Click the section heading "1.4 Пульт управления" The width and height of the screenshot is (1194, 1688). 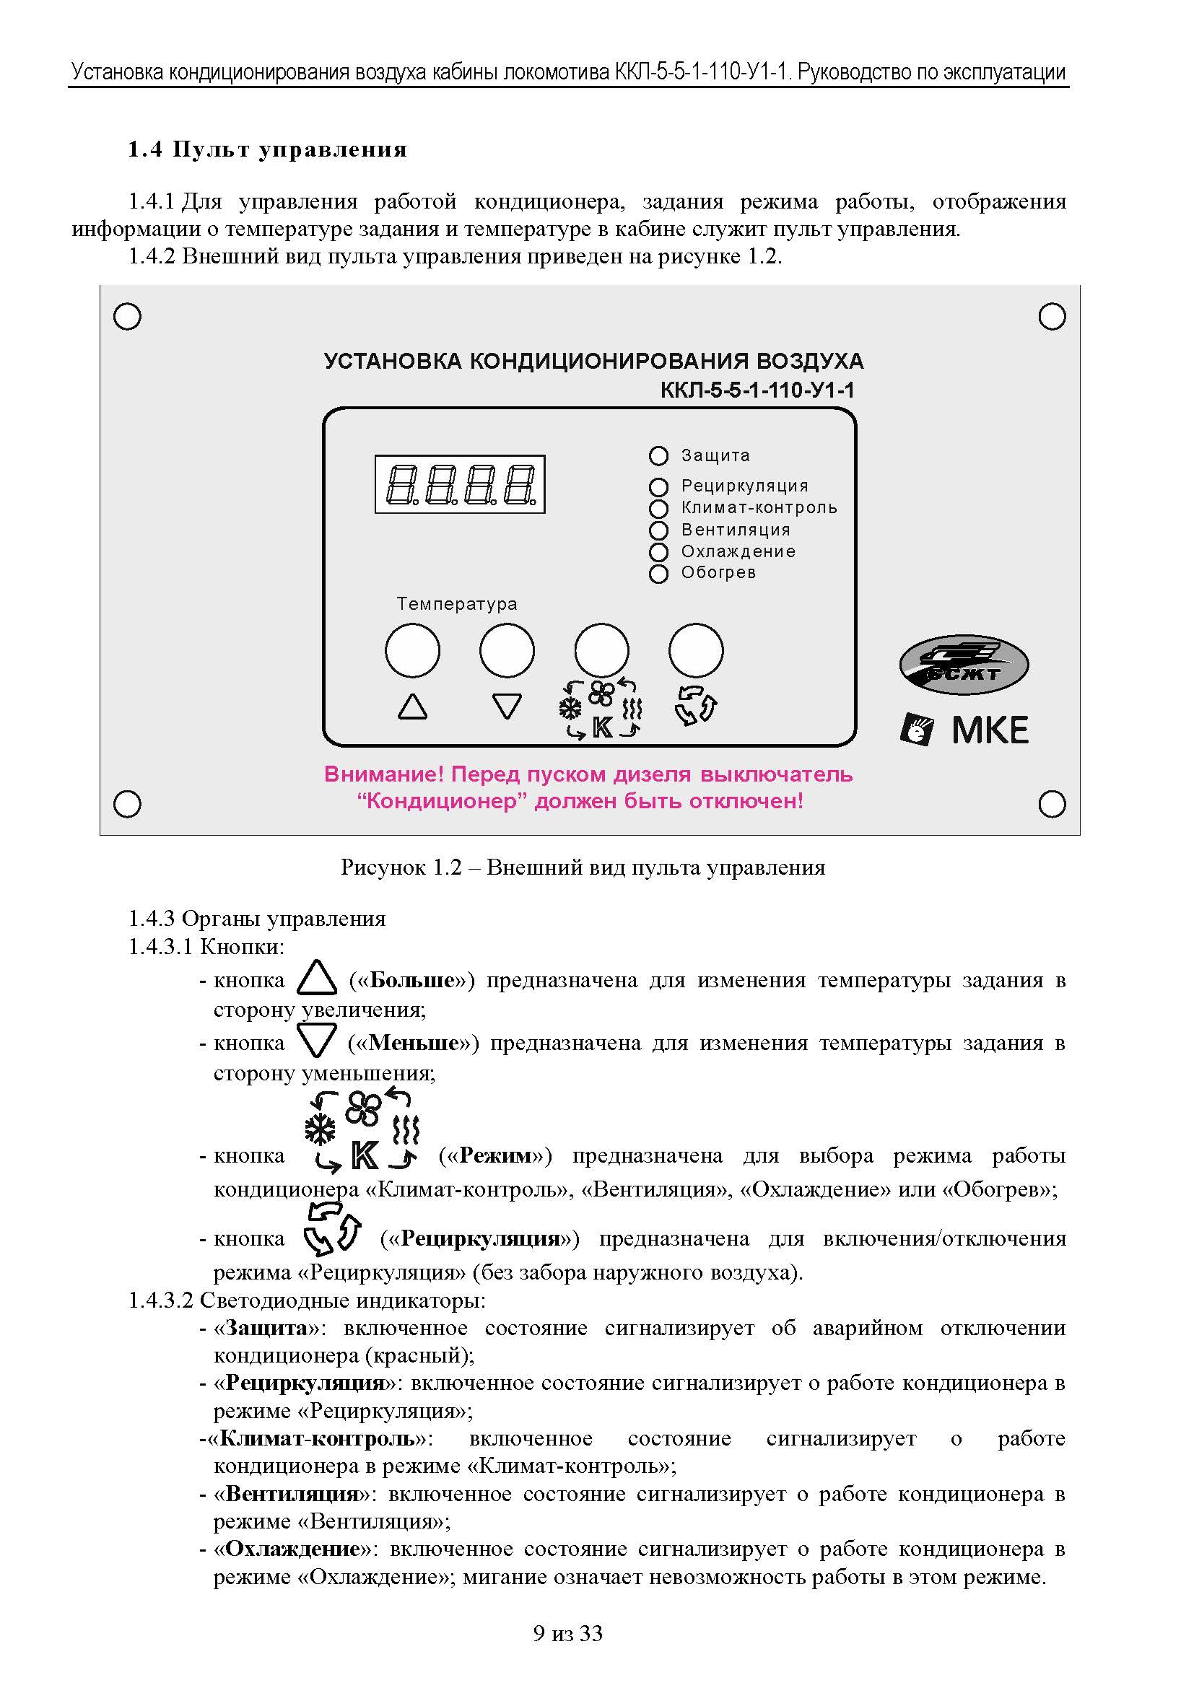[x=268, y=149]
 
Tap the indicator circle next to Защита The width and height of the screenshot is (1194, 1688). [x=658, y=456]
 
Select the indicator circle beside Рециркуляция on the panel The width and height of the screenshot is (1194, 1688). [x=658, y=486]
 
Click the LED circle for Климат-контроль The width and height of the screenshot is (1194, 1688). [x=658, y=509]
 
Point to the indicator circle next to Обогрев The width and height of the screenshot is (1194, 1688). [x=658, y=574]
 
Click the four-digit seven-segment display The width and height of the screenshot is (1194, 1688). [x=460, y=484]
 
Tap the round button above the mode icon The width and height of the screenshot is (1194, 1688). [x=601, y=650]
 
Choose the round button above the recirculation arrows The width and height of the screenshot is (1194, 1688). [x=695, y=650]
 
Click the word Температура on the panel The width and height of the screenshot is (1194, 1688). [x=456, y=603]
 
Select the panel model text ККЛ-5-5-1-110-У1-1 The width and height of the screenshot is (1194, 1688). [x=757, y=390]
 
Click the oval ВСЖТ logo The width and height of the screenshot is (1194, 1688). [x=963, y=665]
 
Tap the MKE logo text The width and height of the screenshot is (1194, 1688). [x=990, y=730]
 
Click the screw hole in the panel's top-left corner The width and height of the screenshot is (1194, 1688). [x=127, y=317]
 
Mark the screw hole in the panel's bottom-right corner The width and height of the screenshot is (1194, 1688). [x=1052, y=803]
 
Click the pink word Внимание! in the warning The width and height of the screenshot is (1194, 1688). [x=384, y=774]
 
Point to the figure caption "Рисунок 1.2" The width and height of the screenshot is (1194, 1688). [x=401, y=867]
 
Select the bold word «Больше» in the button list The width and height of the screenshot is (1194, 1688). [x=411, y=980]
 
